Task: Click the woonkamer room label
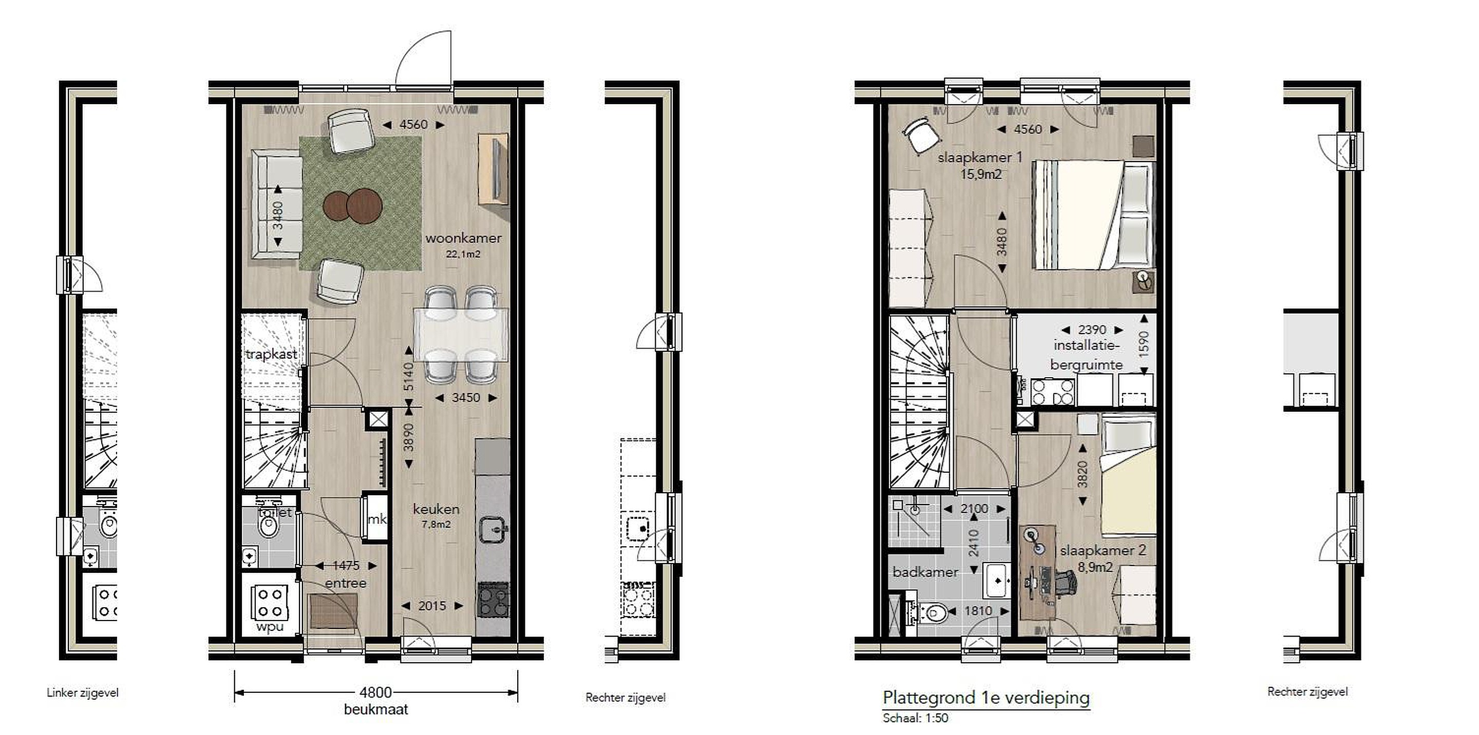pyautogui.click(x=463, y=238)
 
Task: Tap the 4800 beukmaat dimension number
pyautogui.click(x=376, y=692)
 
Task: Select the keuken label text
pyautogui.click(x=437, y=509)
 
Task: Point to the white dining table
pyautogui.click(x=461, y=336)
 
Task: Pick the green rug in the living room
pyautogui.click(x=361, y=204)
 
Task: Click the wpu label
pyautogui.click(x=270, y=627)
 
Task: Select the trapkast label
pyautogui.click(x=272, y=354)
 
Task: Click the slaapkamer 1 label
pyautogui.click(x=980, y=157)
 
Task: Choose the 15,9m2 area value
pyautogui.click(x=981, y=174)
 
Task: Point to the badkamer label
pyautogui.click(x=925, y=572)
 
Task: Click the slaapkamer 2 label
pyautogui.click(x=1103, y=550)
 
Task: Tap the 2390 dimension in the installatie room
pyautogui.click(x=1092, y=330)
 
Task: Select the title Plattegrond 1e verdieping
pyautogui.click(x=987, y=698)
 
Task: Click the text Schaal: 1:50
pyautogui.click(x=915, y=718)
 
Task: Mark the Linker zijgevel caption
pyautogui.click(x=83, y=692)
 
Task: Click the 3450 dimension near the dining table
pyautogui.click(x=466, y=398)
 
